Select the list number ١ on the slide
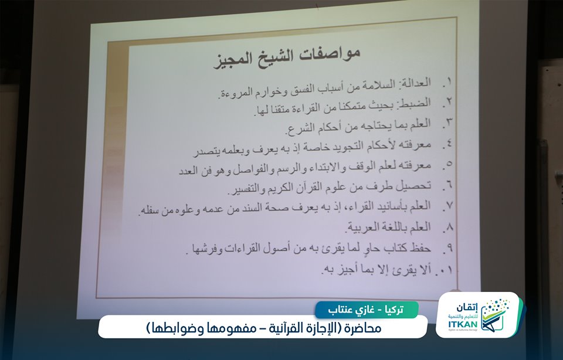[x=449, y=82]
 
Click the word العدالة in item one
[x=414, y=83]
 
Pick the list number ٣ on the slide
[x=449, y=123]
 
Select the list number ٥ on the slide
[x=449, y=164]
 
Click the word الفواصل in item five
[x=249, y=169]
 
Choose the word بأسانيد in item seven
[x=389, y=206]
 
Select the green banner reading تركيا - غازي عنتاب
[x=366, y=310]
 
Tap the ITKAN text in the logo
[x=463, y=324]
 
